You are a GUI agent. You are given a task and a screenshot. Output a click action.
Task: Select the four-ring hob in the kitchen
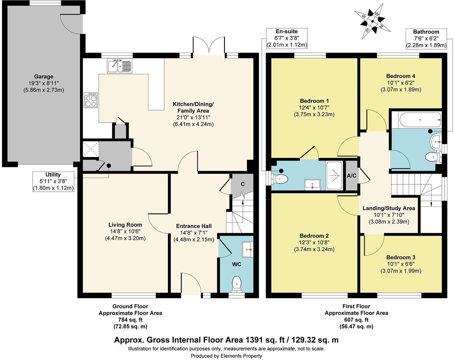click(x=91, y=100)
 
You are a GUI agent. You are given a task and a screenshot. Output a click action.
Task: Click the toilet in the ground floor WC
click(x=237, y=283)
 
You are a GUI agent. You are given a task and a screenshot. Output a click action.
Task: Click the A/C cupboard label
click(x=352, y=176)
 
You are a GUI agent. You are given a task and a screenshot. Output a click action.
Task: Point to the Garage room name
click(x=43, y=77)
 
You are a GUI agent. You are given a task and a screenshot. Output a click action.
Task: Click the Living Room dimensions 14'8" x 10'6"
click(x=125, y=232)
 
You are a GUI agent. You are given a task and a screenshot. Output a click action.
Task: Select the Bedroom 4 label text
click(x=401, y=76)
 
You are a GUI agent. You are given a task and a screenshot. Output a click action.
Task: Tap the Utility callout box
click(x=53, y=181)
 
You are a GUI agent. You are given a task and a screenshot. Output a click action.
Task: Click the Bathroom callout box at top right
click(x=426, y=39)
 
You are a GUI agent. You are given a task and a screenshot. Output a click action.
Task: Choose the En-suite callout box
click(x=286, y=38)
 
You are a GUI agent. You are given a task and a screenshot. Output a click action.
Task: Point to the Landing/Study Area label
click(x=389, y=208)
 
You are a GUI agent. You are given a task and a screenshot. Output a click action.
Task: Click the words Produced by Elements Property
click(x=226, y=356)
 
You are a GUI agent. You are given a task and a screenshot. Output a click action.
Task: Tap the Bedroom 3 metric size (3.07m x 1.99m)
click(x=401, y=271)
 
